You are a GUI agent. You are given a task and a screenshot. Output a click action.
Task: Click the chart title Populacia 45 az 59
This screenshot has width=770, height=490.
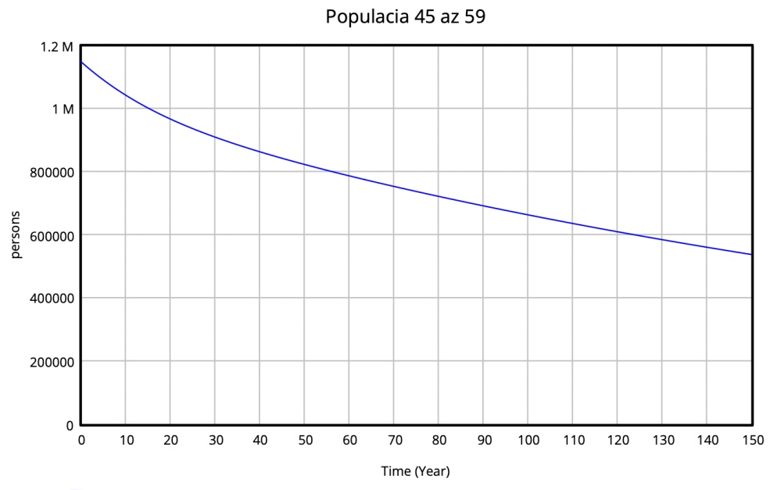click(x=406, y=17)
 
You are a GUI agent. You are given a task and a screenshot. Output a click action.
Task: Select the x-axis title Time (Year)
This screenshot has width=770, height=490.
click(x=415, y=471)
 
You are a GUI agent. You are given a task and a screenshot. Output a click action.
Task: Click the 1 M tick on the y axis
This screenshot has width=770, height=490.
click(x=63, y=109)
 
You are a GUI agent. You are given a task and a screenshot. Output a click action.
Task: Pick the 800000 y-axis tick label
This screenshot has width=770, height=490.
click(x=48, y=172)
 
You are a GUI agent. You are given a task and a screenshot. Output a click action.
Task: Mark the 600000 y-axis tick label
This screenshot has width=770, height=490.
click(x=48, y=235)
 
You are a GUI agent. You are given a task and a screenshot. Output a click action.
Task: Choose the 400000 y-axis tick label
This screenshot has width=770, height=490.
click(x=48, y=299)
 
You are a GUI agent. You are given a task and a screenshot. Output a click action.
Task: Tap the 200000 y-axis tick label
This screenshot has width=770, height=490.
click(x=48, y=362)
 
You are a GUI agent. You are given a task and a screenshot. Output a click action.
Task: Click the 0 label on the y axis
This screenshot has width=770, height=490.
click(x=70, y=425)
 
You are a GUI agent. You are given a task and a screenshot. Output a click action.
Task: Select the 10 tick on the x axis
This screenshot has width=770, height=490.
click(x=126, y=441)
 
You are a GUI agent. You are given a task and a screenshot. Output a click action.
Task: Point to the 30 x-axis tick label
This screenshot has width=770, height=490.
click(x=216, y=441)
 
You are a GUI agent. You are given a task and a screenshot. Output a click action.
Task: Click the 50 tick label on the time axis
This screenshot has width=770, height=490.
click(x=305, y=441)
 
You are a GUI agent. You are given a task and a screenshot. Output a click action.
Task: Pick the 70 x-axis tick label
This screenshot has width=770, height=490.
click(x=395, y=441)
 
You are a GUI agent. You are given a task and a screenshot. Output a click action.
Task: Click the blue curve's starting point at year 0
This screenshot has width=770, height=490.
click(x=81, y=62)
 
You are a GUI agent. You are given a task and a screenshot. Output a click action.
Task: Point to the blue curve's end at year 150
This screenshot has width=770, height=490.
click(x=752, y=255)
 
